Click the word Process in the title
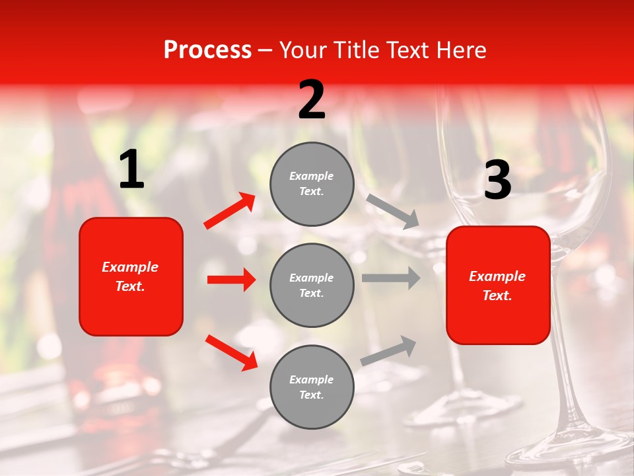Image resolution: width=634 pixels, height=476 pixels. (207, 50)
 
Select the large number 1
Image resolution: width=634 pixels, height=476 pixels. (131, 170)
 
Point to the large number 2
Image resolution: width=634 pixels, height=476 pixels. (312, 100)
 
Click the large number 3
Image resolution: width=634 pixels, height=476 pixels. (497, 180)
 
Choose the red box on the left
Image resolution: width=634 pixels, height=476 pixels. (131, 276)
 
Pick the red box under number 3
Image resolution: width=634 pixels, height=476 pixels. (498, 285)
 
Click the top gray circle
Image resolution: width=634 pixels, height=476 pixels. (312, 184)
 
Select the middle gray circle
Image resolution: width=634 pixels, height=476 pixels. (312, 285)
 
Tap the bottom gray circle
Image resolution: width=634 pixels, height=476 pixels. (312, 387)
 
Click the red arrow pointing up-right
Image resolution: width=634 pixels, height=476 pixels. (230, 211)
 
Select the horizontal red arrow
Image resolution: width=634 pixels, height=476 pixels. (231, 280)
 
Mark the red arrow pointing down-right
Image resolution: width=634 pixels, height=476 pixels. (231, 352)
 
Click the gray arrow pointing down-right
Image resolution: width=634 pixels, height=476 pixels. (393, 212)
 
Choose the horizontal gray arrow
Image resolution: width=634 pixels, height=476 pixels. (391, 278)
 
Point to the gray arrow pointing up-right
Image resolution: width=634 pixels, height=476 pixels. (389, 350)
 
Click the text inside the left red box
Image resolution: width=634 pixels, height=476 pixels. (130, 276)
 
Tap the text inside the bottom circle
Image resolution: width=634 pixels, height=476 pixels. (312, 387)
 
